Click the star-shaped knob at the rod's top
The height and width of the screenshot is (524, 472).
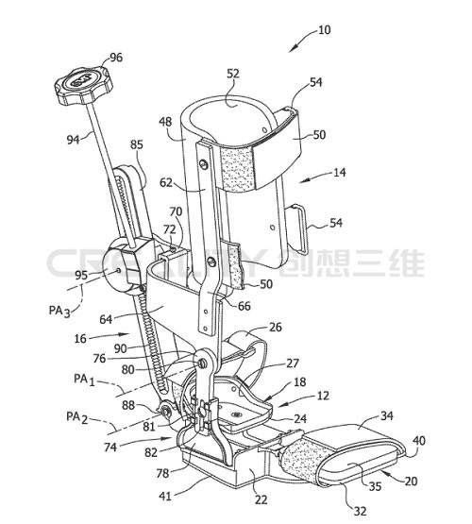pos(83,86)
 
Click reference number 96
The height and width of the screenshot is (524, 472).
pos(116,58)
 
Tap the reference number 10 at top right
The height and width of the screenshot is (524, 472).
pos(325,30)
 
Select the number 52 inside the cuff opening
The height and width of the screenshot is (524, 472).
pos(233,74)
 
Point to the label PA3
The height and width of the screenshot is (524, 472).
pos(59,312)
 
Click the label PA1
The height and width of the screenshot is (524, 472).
pos(85,380)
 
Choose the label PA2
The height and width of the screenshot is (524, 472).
pos(77,417)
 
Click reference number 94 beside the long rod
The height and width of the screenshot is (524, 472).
pos(74,139)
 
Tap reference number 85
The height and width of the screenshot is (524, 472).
pos(136,144)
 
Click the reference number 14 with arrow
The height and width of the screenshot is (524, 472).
pos(340,173)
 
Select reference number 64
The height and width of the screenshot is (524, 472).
pos(106,319)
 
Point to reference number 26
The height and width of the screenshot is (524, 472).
pos(276,328)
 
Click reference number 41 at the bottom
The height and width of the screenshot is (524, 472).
pos(165,496)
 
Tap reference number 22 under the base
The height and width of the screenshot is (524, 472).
pos(261,499)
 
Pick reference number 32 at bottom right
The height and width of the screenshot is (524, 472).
pos(360,512)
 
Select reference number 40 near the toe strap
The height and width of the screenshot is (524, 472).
pos(419,441)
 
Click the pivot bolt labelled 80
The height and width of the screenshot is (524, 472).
pos(202,363)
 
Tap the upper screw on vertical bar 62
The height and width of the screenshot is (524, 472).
pos(203,163)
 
